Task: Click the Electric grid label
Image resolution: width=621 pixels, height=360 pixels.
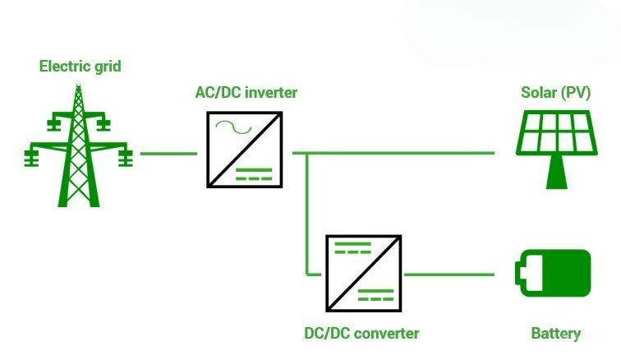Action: click(x=80, y=66)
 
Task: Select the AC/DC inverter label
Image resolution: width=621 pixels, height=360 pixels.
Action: click(x=246, y=92)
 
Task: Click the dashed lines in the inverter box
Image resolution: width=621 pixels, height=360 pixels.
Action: click(x=255, y=173)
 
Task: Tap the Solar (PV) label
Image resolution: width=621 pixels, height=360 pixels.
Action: click(x=555, y=92)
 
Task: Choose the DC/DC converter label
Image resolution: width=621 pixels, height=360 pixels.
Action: click(x=361, y=333)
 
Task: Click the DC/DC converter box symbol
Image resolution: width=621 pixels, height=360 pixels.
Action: click(x=363, y=274)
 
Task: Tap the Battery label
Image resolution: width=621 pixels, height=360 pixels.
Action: click(x=555, y=333)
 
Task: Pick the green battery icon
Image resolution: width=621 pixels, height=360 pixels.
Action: click(x=553, y=273)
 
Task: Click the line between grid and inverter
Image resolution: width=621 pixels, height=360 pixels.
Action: click(x=168, y=153)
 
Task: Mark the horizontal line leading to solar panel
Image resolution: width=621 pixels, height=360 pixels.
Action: click(x=402, y=153)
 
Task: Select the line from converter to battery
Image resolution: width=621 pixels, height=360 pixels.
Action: click(x=448, y=274)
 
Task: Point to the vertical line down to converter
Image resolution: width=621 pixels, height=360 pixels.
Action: click(x=306, y=214)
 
